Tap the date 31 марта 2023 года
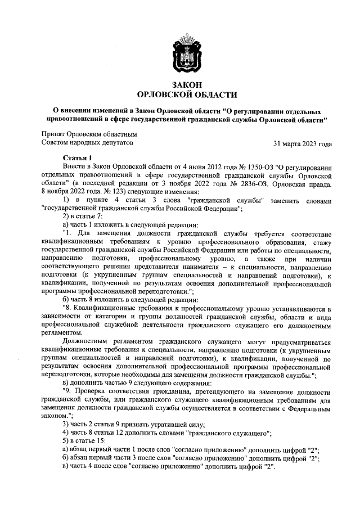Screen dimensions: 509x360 [302, 143]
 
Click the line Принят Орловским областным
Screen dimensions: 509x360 [89, 134]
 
